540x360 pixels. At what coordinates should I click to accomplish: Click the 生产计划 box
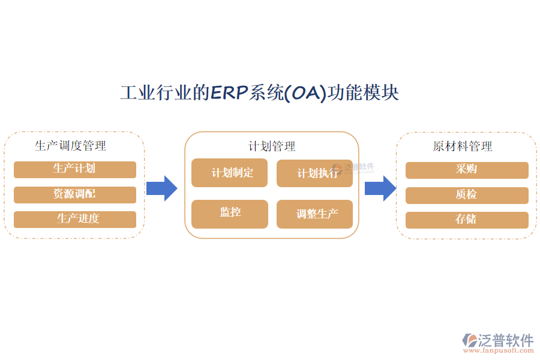(x=75, y=170)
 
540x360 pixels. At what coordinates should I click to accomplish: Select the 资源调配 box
(x=75, y=194)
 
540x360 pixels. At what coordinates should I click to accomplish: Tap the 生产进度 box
(x=75, y=219)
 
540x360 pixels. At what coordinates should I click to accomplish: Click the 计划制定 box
(x=230, y=173)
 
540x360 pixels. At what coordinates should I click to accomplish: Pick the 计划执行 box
(x=314, y=173)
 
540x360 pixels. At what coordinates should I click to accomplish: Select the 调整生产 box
(x=314, y=214)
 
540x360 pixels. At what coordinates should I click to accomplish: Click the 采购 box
(x=467, y=170)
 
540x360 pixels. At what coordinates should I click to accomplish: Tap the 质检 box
(x=467, y=195)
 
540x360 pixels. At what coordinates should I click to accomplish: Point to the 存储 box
(x=467, y=220)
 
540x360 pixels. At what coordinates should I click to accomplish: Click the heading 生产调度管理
(x=70, y=146)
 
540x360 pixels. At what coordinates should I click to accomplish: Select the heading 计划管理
(x=272, y=146)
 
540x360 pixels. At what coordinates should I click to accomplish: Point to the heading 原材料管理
(x=463, y=146)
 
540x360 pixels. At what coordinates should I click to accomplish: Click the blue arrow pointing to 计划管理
(x=161, y=188)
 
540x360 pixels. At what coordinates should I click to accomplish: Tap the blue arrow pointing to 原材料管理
(x=380, y=188)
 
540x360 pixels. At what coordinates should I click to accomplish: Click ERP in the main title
(x=230, y=94)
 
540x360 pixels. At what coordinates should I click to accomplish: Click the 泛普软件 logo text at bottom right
(x=506, y=340)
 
